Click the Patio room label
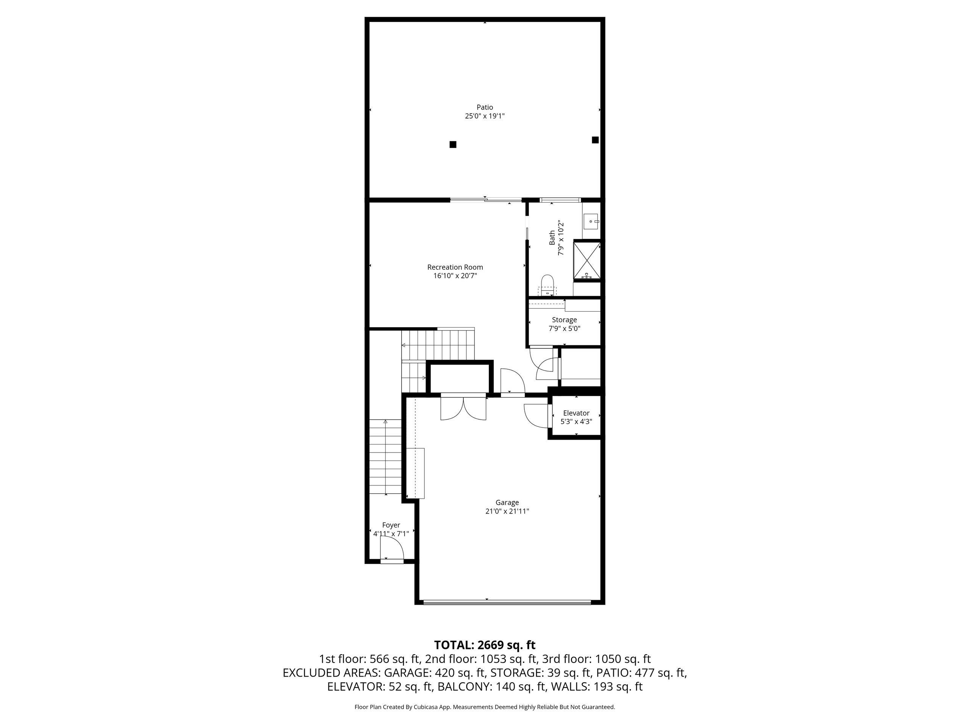tap(485, 107)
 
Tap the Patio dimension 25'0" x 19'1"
tap(485, 116)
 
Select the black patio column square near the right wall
tap(595, 140)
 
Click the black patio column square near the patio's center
tap(453, 144)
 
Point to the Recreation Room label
tap(455, 267)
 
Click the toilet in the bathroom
tap(547, 282)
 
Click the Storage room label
tap(564, 320)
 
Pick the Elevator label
tap(576, 413)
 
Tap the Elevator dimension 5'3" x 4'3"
tap(576, 421)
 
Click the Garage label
tap(507, 502)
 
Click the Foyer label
tap(391, 525)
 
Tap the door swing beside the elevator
tap(536, 415)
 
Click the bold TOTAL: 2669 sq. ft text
tap(485, 645)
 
